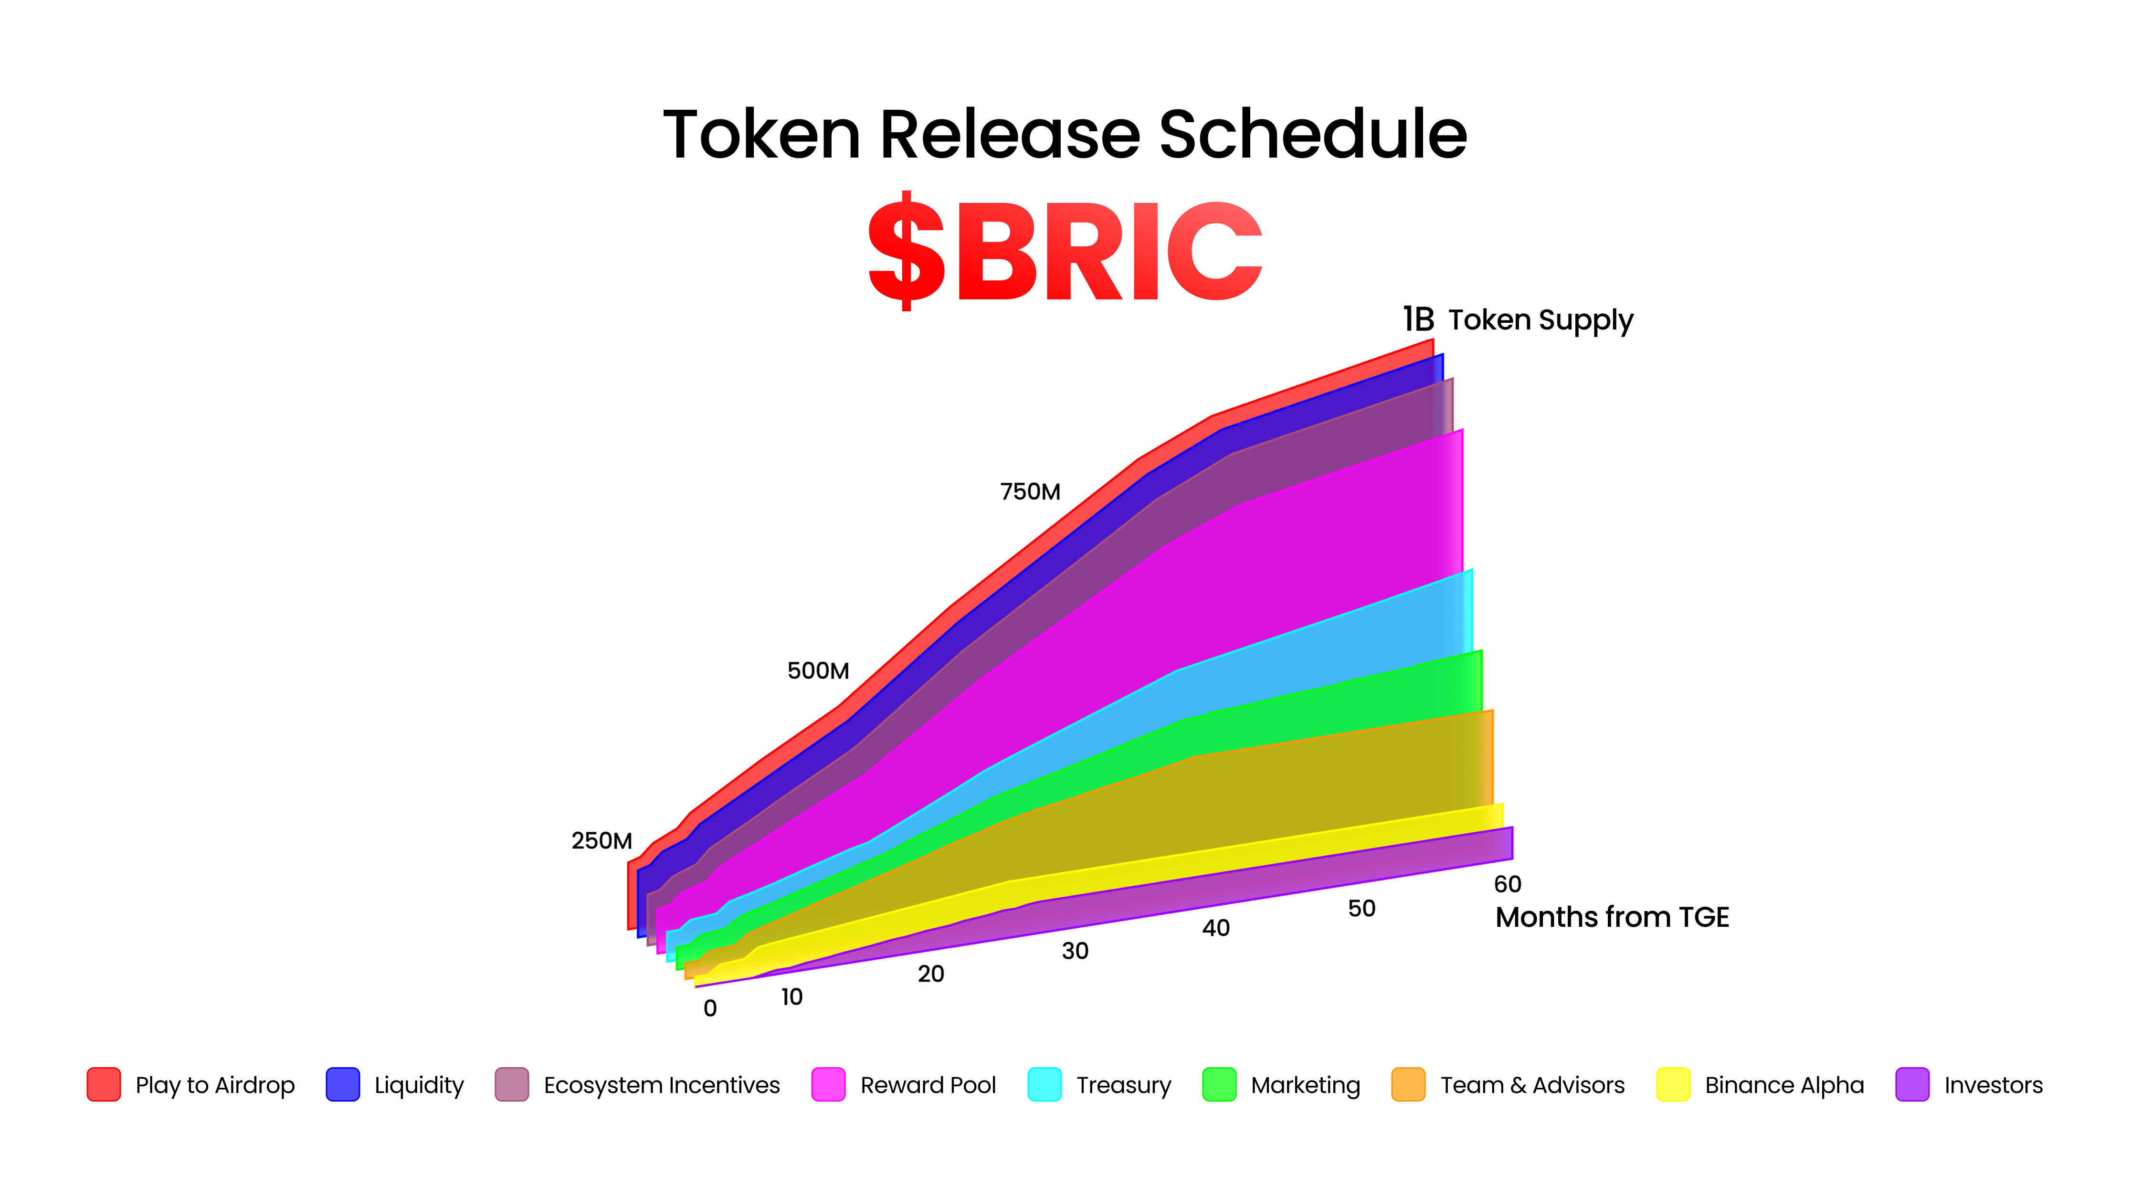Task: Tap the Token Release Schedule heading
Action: point(1065,134)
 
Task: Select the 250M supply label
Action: point(601,841)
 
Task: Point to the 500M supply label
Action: point(817,670)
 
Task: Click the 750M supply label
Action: point(1030,491)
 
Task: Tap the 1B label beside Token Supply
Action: point(1418,319)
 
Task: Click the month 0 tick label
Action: point(710,1008)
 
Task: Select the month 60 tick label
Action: point(1507,884)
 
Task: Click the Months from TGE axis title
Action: point(1612,917)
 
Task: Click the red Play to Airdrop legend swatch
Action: point(104,1084)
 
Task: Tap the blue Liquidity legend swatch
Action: point(342,1084)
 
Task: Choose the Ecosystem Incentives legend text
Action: point(662,1085)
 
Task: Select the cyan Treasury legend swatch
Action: point(1044,1084)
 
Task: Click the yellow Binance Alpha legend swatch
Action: point(1673,1084)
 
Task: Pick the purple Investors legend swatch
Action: point(1912,1084)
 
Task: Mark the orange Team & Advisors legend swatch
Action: point(1408,1084)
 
